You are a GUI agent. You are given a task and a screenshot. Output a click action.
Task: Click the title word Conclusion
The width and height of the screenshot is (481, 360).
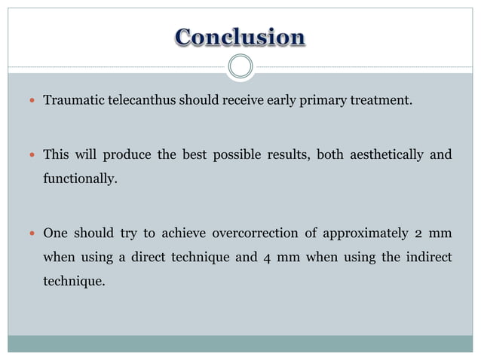240,37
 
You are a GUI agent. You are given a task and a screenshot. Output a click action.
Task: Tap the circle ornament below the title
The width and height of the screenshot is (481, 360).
240,67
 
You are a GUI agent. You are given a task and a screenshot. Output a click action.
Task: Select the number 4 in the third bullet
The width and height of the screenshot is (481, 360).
268,258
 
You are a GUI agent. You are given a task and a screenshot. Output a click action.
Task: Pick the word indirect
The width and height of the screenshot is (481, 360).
427,258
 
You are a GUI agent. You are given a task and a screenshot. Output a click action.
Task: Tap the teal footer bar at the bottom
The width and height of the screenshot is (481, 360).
240,343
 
